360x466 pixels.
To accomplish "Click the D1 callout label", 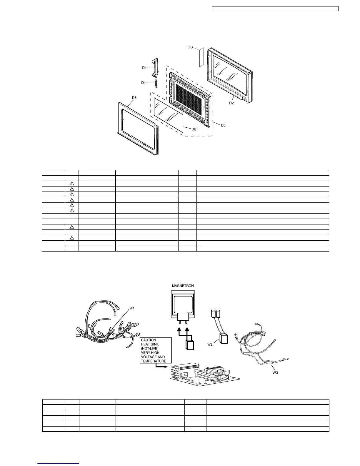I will pos(144,68).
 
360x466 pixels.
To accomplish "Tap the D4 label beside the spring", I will pos(143,83).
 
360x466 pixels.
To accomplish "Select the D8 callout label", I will pos(190,47).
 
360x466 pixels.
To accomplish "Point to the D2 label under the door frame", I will pos(231,103).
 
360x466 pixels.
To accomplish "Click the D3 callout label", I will pos(223,125).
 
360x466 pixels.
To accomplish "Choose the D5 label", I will pos(134,97).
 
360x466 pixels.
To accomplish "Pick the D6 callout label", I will pos(194,129).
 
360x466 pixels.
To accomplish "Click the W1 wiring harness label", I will pos(133,309).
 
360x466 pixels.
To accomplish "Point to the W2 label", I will pos(210,344).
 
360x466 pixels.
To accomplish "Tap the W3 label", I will pos(275,372).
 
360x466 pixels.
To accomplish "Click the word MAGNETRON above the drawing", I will pos(183,286).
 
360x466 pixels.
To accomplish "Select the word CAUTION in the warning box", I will pos(149,340).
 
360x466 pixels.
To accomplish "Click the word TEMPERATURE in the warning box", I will pos(154,361).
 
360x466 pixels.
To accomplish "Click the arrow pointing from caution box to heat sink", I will pos(162,367).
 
